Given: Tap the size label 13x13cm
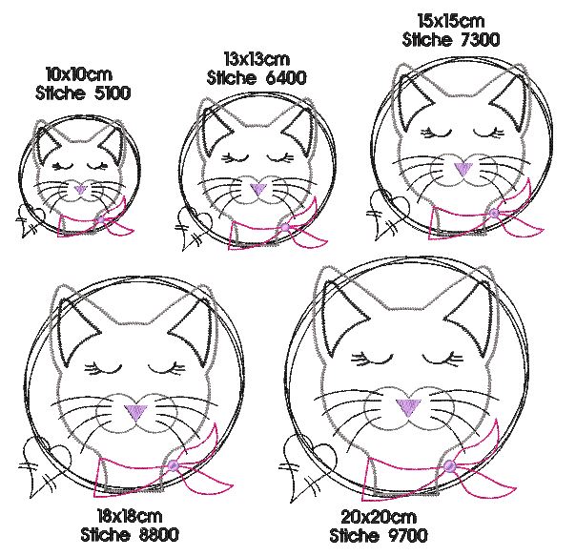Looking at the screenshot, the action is (x=257, y=59).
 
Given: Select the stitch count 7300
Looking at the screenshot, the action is (x=480, y=39).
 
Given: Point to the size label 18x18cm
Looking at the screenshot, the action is (x=130, y=516).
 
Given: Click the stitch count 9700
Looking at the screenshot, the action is (x=407, y=535).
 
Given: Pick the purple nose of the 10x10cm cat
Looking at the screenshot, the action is (x=80, y=190).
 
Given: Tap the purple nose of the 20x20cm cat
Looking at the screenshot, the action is (x=408, y=407).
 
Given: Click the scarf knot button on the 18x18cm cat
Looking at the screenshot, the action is (x=173, y=466).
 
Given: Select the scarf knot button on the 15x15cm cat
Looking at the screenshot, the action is (x=494, y=213).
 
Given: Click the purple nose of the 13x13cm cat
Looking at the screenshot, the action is (x=258, y=189).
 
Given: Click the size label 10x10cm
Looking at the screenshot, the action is (x=79, y=74).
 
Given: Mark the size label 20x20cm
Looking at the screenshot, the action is (x=379, y=517).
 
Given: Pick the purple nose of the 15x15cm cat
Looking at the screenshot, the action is (x=463, y=169).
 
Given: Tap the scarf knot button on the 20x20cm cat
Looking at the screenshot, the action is (x=449, y=466).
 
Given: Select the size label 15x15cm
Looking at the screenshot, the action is (x=451, y=21).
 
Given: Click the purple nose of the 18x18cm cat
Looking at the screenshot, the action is (x=135, y=412).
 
